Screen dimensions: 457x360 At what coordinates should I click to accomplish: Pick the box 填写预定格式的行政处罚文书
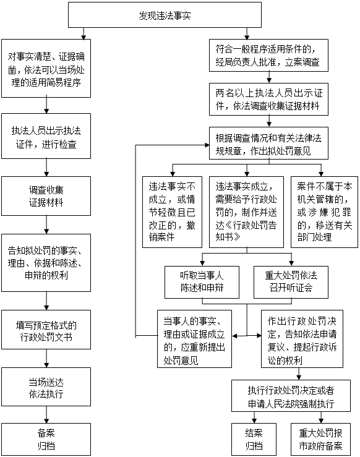(46, 331)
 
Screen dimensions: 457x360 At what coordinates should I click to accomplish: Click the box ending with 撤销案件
(172, 211)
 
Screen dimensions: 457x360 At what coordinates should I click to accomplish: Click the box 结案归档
(254, 439)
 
